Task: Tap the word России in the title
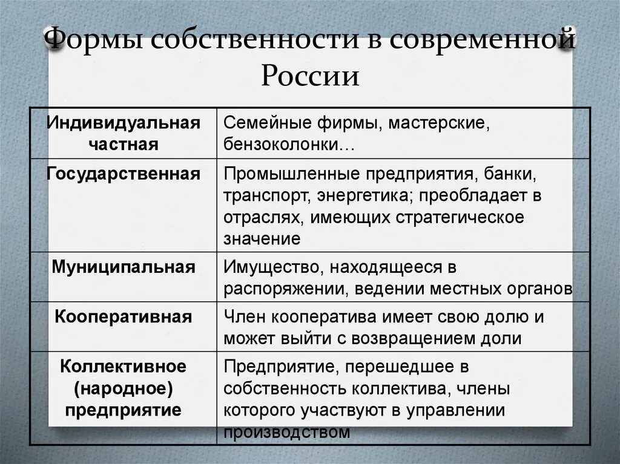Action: coord(310,77)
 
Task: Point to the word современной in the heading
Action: coord(481,41)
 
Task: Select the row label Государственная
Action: coord(124,174)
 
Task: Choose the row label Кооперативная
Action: coord(124,316)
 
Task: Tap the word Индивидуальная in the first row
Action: coord(124,123)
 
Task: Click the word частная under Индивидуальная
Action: coord(124,144)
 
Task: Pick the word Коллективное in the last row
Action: coord(124,367)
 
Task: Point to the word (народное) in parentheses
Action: coord(124,388)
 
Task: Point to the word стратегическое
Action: coord(460,217)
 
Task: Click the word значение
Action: coord(262,238)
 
